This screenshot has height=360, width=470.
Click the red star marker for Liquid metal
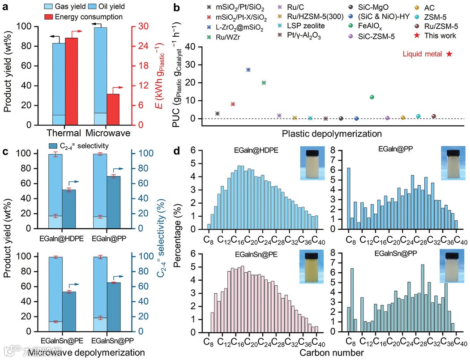[x=449, y=54]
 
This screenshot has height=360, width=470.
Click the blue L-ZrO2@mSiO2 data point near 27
[x=248, y=70]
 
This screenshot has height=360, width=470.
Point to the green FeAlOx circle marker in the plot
[x=372, y=97]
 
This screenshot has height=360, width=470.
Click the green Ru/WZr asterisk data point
[x=264, y=83]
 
